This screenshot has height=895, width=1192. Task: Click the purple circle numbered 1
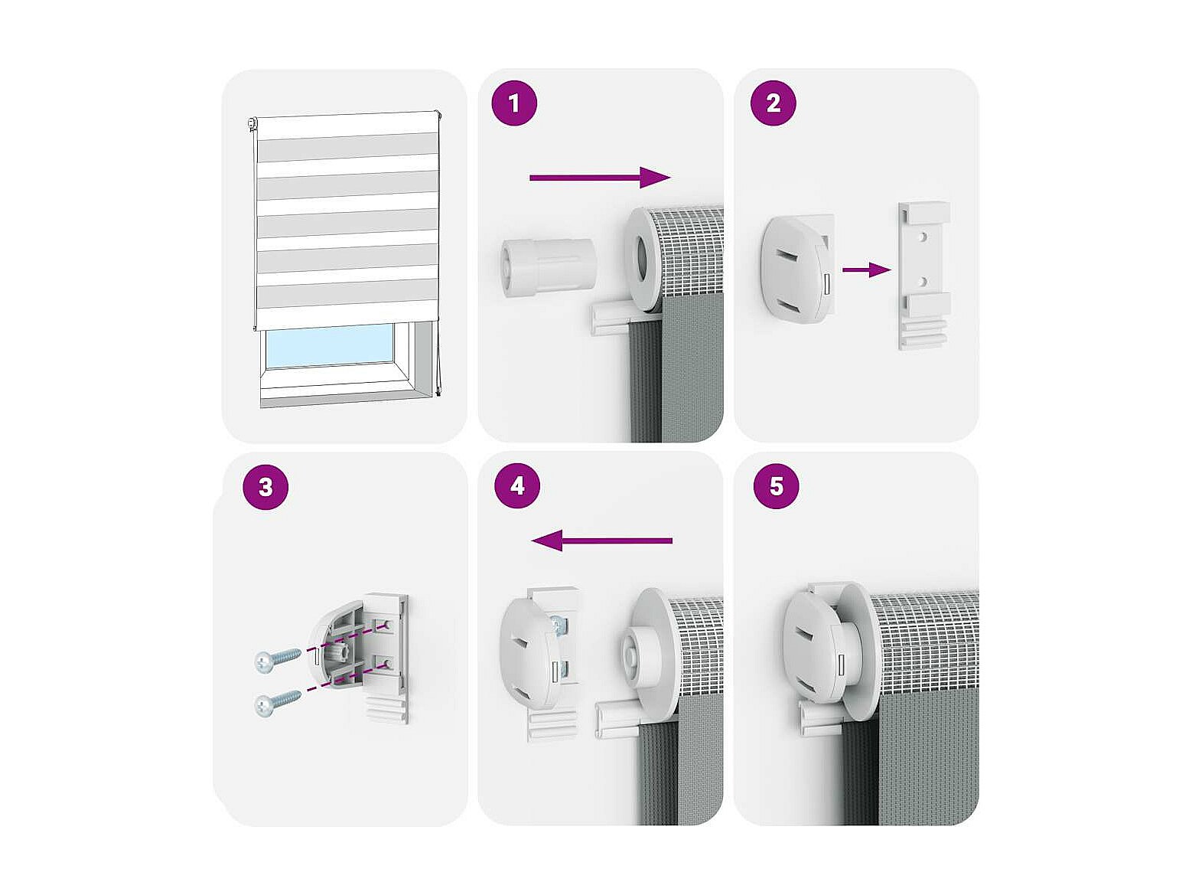point(513,103)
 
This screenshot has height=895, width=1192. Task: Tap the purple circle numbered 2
point(773,103)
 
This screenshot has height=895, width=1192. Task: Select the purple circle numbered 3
point(265,486)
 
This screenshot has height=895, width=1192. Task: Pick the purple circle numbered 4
point(517,485)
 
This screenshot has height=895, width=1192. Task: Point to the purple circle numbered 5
point(776,485)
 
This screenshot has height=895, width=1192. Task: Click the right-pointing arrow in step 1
point(600,177)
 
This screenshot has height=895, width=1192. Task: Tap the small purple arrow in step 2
point(867,269)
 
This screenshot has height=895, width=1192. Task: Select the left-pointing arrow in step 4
point(601,541)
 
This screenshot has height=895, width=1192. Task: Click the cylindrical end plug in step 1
point(547,266)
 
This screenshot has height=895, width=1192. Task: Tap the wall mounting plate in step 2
point(923,276)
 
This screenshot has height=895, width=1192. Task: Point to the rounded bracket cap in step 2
point(796,268)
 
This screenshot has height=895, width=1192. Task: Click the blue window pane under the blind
point(330,346)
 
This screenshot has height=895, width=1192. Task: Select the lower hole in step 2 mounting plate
point(922,282)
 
